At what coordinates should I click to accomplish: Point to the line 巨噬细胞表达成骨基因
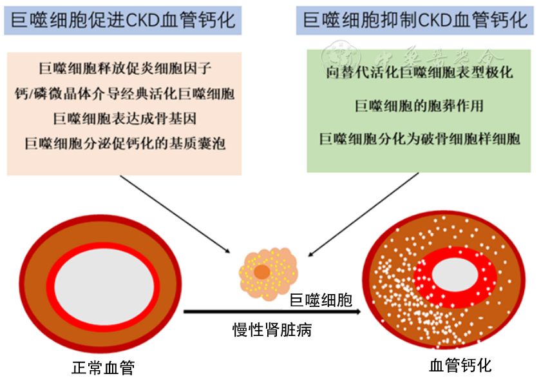point(124,118)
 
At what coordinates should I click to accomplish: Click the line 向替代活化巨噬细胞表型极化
point(419,72)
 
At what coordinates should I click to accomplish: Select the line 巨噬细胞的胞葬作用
point(419,106)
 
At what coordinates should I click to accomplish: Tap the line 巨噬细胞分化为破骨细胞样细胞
point(419,139)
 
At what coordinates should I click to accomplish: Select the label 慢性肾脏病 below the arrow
point(272,331)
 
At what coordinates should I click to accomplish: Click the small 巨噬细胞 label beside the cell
point(320,300)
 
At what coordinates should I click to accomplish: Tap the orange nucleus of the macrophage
point(261,272)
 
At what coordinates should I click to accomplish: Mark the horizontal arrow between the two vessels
point(270,313)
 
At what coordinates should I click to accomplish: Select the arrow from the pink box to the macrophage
point(174,213)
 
